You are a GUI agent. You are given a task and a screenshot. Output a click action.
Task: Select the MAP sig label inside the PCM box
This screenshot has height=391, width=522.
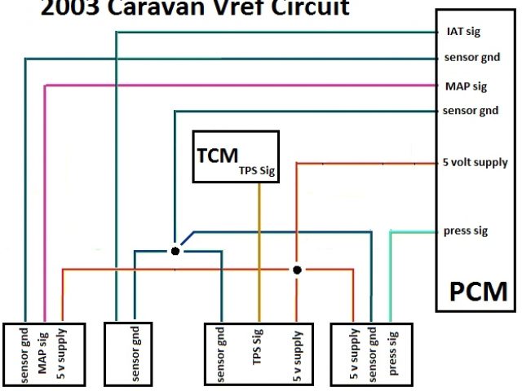pyautogui.click(x=466, y=85)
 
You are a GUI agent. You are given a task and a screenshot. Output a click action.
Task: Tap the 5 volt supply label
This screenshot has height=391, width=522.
pyautogui.click(x=475, y=162)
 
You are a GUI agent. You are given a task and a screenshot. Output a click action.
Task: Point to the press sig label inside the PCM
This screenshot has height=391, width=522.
pyautogui.click(x=466, y=231)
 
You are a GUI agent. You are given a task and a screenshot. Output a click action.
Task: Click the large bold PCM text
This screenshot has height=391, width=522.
pyautogui.click(x=478, y=291)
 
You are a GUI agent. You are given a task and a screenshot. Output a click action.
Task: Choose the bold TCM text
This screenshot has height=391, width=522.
pyautogui.click(x=217, y=155)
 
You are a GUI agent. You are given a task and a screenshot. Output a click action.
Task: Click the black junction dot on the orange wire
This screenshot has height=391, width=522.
pyautogui.click(x=298, y=269)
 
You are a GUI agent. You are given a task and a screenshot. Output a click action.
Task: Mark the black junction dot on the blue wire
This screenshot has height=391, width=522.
pyautogui.click(x=175, y=251)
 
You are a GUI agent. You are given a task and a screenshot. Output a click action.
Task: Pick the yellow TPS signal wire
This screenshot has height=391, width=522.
pyautogui.click(x=259, y=244)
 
